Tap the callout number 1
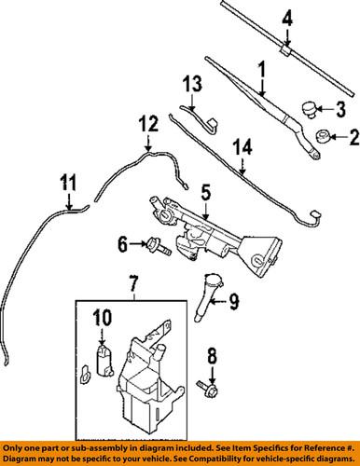click(x=261, y=68)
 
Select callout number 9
click(x=234, y=301)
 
